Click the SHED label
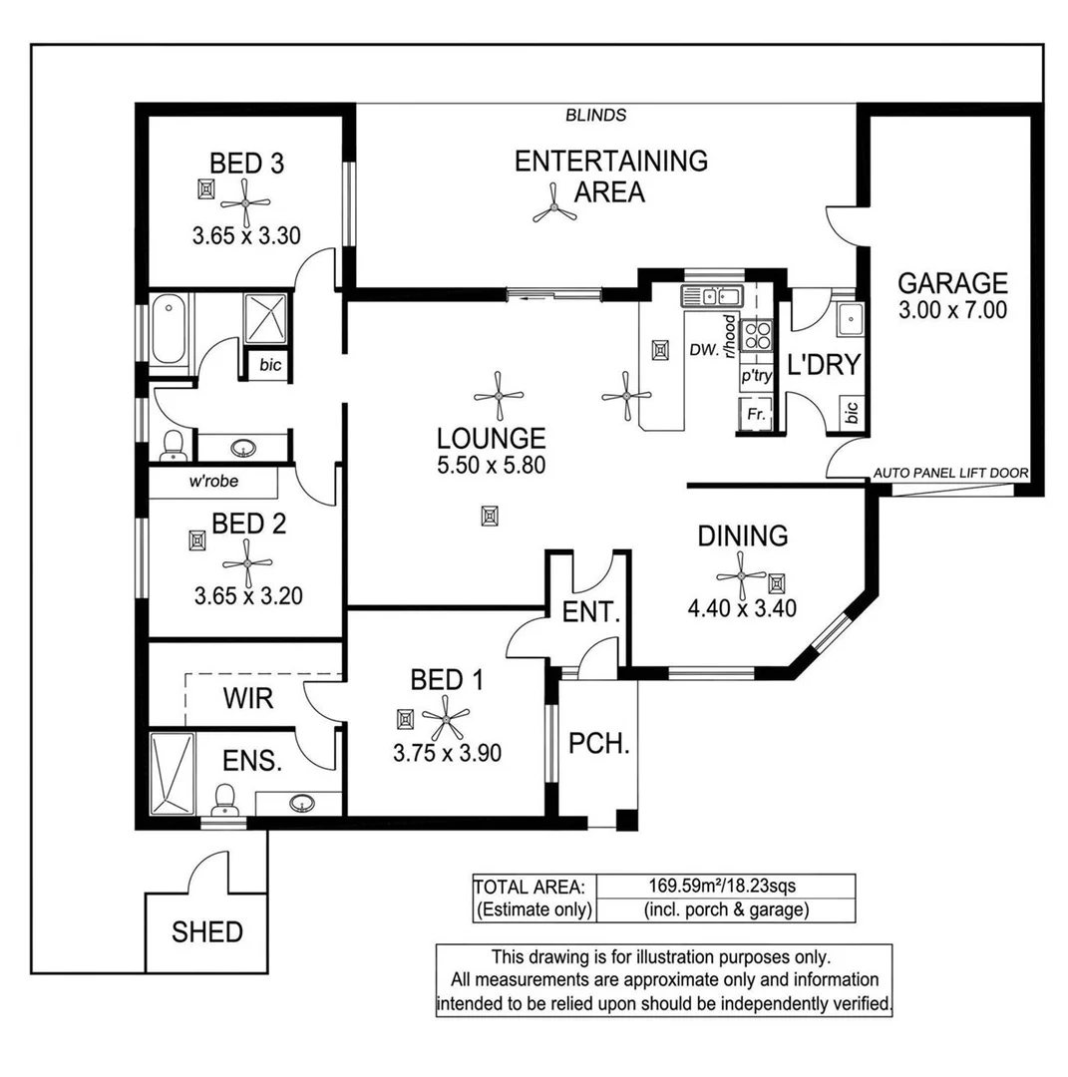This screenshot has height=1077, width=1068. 206,932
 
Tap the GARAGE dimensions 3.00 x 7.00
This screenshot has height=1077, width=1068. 951,310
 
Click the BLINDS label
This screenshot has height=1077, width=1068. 595,115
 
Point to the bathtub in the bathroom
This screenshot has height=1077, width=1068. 169,328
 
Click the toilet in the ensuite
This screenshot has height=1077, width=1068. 224,798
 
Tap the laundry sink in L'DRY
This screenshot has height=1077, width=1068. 850,320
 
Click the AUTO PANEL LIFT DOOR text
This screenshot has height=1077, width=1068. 950,474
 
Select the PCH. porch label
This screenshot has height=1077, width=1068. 599,743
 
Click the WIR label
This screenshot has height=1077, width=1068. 247,696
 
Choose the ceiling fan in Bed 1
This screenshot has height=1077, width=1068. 445,715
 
